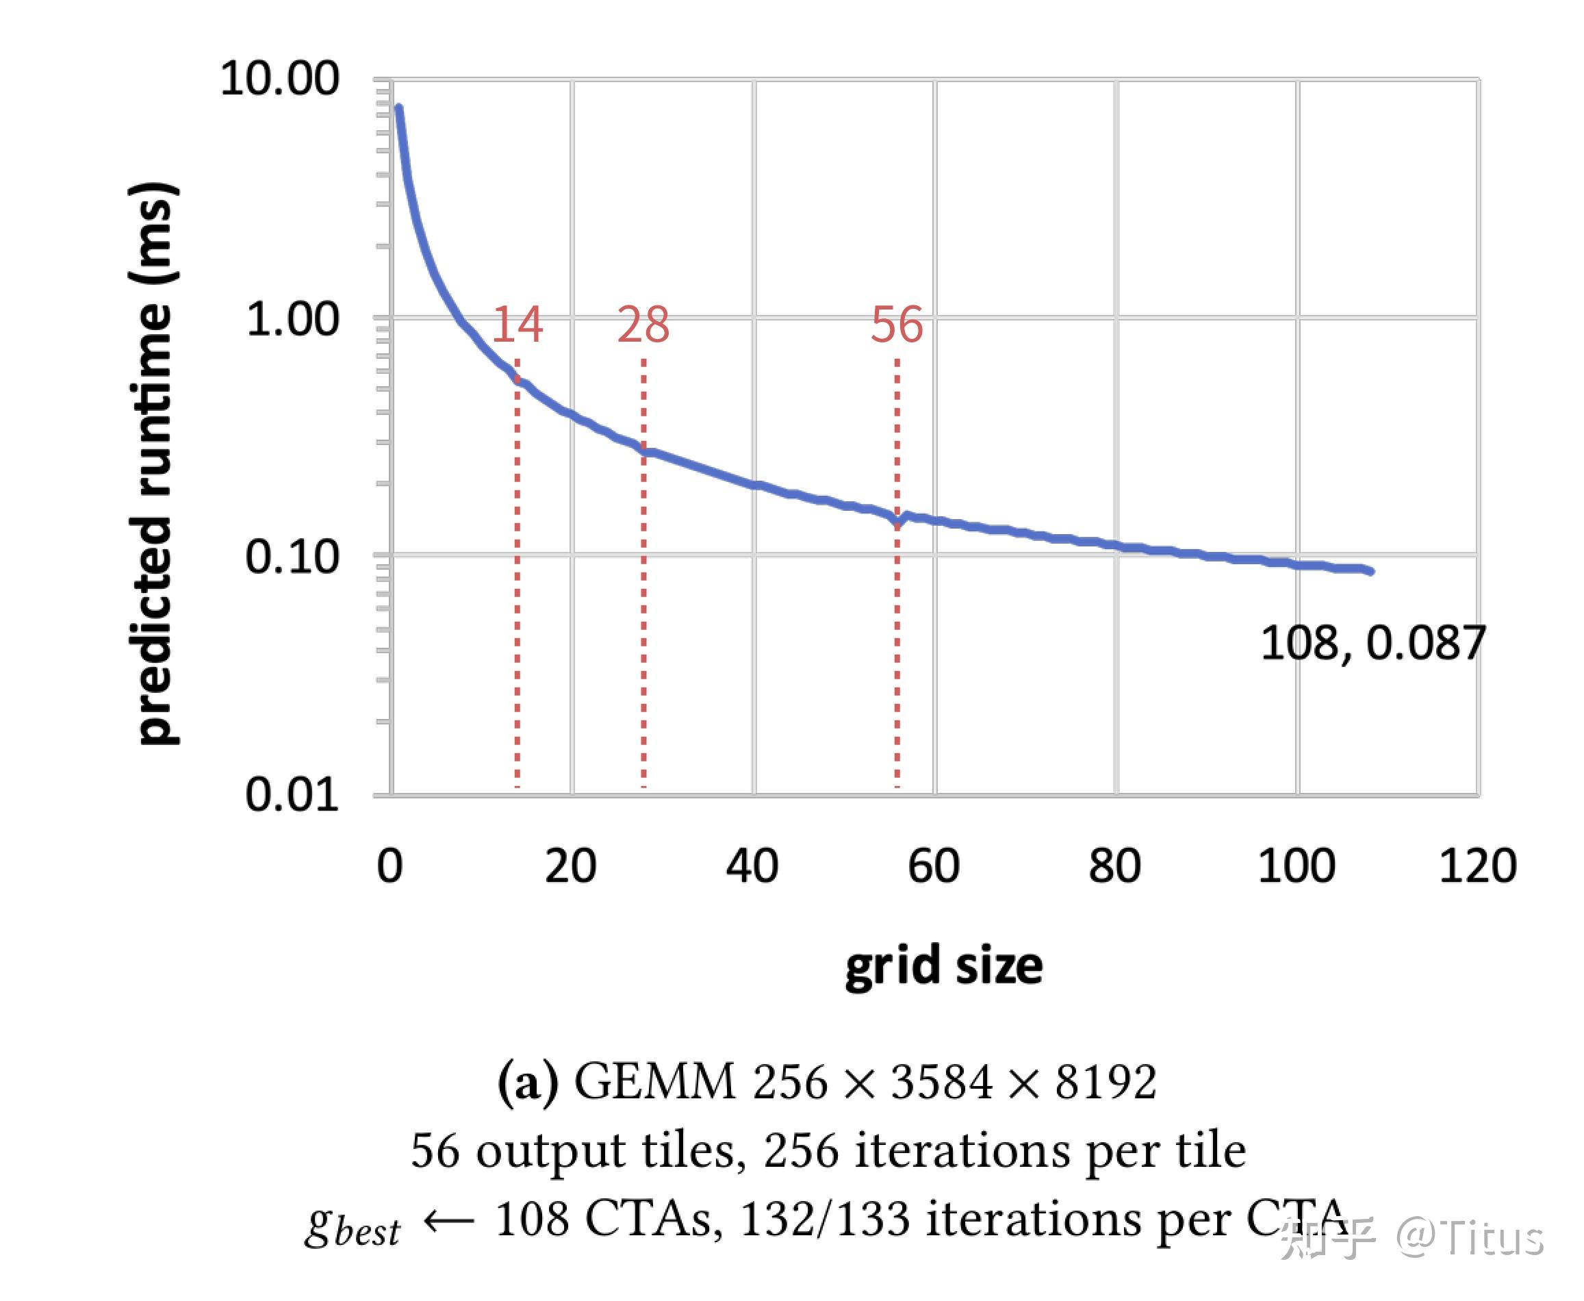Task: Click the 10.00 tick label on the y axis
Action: (x=279, y=78)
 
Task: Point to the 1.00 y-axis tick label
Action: (x=292, y=319)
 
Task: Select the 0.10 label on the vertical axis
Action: (x=292, y=557)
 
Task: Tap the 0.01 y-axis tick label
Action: (x=292, y=794)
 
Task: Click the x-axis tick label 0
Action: (x=389, y=866)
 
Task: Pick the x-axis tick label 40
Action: (x=752, y=866)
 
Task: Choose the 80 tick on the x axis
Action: (x=1115, y=866)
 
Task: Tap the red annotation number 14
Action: (x=517, y=325)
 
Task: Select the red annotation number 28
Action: (x=643, y=325)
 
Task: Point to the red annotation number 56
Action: (x=897, y=325)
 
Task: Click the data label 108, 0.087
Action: (x=1372, y=643)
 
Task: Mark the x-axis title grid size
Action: (x=943, y=966)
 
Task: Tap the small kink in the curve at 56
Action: (x=898, y=521)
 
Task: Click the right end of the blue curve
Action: (x=1370, y=572)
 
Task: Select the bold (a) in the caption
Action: (x=528, y=1083)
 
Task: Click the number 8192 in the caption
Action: (x=1106, y=1083)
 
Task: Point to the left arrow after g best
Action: (x=449, y=1221)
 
